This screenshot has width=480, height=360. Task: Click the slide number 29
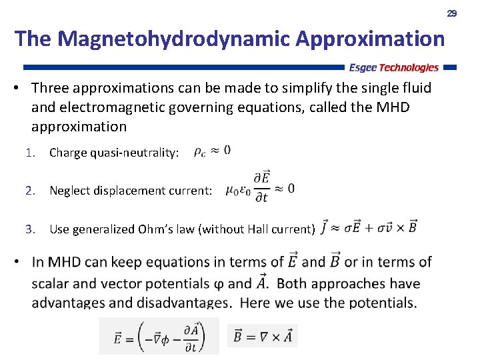(x=451, y=13)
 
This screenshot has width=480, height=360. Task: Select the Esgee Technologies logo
(x=394, y=67)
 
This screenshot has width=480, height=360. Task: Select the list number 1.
(x=29, y=153)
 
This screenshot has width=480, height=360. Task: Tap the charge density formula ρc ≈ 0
(x=212, y=151)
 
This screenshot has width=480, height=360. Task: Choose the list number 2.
(x=29, y=191)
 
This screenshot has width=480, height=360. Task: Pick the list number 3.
(x=29, y=229)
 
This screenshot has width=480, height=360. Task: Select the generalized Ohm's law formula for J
(x=369, y=227)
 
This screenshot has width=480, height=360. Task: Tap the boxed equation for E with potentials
(x=159, y=336)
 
